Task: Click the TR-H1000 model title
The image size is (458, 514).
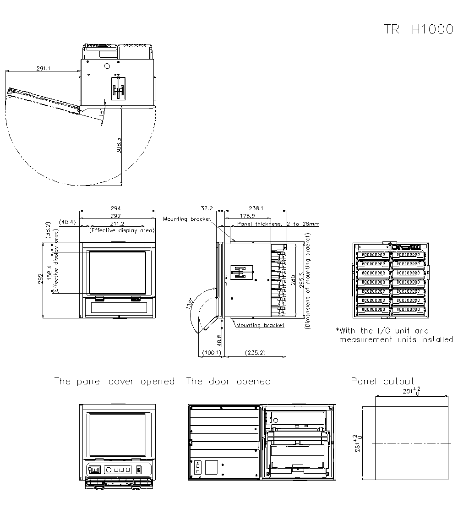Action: coord(418,29)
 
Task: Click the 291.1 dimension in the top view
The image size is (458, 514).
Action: coord(44,68)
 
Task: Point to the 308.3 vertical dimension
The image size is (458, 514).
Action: coord(119,146)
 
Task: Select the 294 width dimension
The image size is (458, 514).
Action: coord(117,208)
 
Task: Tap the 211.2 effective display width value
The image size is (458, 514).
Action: coord(117,224)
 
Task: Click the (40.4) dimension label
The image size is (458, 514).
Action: coord(68,222)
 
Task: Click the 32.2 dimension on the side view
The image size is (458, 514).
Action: coord(207,208)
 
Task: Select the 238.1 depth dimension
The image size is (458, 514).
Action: coord(255,208)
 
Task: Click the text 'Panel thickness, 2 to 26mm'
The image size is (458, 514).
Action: coord(278,224)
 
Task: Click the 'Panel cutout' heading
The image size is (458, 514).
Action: coord(382,381)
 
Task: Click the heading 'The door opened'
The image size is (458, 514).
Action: coord(228,381)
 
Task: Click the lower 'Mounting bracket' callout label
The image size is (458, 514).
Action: coord(260,325)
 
